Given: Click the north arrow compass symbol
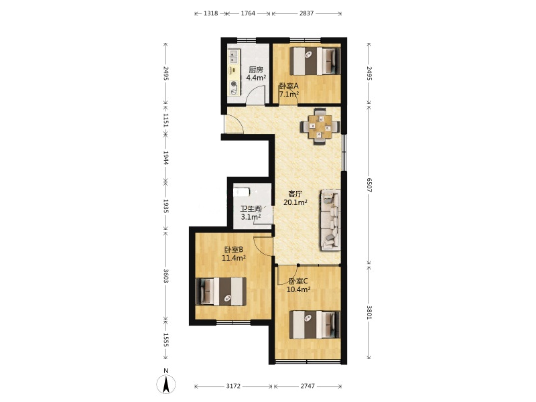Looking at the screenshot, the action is pyautogui.click(x=165, y=383).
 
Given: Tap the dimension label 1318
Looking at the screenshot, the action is pyautogui.click(x=210, y=13).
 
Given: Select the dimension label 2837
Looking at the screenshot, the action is pyautogui.click(x=306, y=13).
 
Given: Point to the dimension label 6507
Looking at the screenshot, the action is pyautogui.click(x=368, y=185).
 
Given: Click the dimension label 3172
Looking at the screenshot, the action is pyautogui.click(x=233, y=386).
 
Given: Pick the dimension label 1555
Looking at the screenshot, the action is pyautogui.click(x=165, y=340).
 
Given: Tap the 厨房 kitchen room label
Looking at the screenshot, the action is pyautogui.click(x=256, y=70).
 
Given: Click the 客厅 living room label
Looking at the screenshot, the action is pyautogui.click(x=295, y=194).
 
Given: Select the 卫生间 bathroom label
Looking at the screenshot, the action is pyautogui.click(x=251, y=209).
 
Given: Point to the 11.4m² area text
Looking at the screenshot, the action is pyautogui.click(x=234, y=258).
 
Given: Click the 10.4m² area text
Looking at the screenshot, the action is pyautogui.click(x=298, y=290).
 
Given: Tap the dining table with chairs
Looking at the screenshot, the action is pyautogui.click(x=320, y=127).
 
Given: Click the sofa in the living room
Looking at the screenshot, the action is pyautogui.click(x=330, y=220).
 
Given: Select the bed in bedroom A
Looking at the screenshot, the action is pyautogui.click(x=315, y=61).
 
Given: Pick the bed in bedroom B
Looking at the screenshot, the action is pyautogui.click(x=221, y=291).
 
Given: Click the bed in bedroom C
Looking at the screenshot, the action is pyautogui.click(x=315, y=324).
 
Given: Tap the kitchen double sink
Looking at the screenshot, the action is pyautogui.click(x=234, y=57).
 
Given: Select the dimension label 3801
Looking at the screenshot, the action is pyautogui.click(x=368, y=312).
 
